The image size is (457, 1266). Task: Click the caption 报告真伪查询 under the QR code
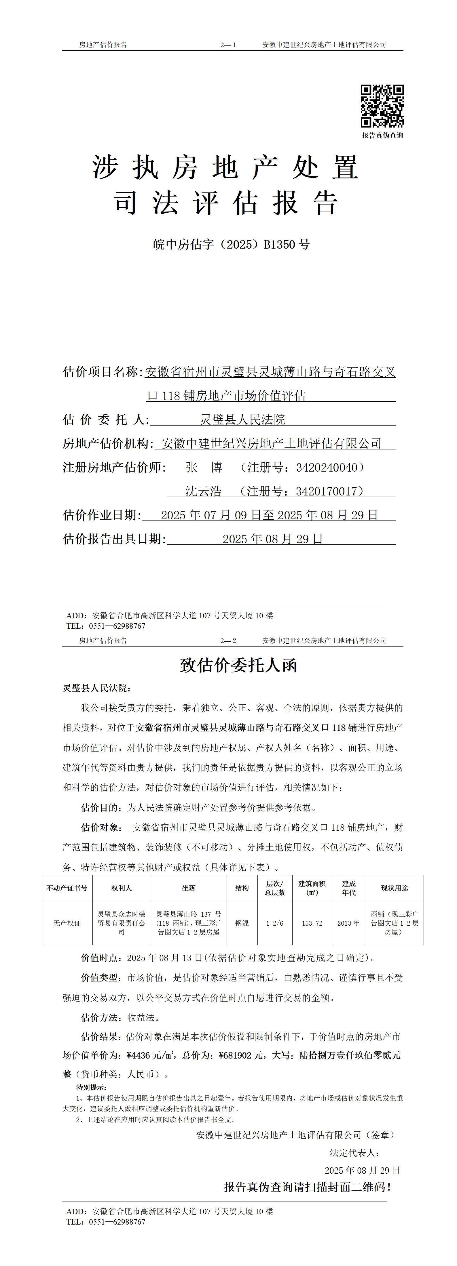pos(382,136)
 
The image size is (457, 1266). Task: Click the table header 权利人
pos(122,888)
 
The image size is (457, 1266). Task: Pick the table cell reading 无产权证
pos(67,923)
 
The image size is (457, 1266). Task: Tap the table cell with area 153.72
pos(312,923)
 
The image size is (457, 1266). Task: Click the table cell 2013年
pos(348,923)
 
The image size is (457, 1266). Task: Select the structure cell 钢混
pos(242,923)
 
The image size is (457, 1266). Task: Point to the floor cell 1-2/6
pos(274,923)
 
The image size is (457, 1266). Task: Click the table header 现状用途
pos(395,888)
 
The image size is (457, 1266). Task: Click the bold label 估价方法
pos(100,1017)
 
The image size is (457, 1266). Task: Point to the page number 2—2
pos(228,641)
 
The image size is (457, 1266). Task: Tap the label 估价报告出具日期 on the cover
pos(114,539)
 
